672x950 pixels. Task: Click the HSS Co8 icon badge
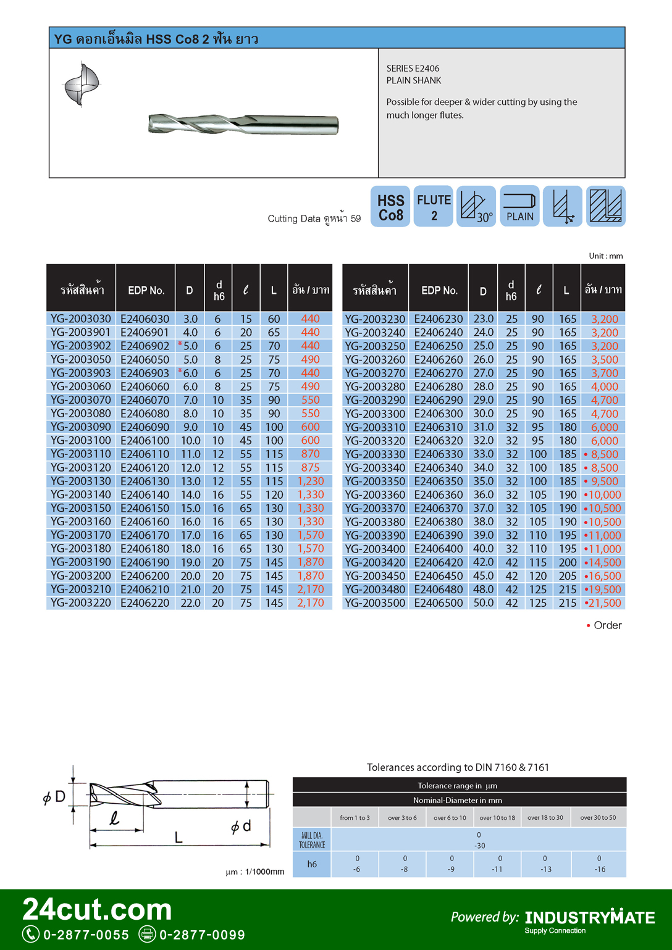[390, 207]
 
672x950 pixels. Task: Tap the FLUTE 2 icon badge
[434, 207]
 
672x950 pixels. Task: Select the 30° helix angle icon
[476, 207]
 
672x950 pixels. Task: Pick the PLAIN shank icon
[519, 207]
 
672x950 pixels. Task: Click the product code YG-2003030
[81, 319]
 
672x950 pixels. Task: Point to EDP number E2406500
[439, 603]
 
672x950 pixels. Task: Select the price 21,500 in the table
[603, 603]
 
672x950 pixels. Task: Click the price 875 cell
[310, 468]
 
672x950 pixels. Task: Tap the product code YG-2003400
[375, 549]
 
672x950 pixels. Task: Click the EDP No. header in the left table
[146, 290]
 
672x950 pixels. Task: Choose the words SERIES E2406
[413, 69]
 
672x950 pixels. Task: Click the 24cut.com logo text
[97, 909]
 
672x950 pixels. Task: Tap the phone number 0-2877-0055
[86, 935]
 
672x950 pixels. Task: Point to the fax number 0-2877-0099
[202, 935]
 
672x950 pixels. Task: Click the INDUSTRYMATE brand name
[590, 918]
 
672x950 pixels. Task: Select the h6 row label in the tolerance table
[312, 864]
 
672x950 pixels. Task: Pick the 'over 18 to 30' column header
[545, 818]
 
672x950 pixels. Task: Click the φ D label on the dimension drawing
[54, 797]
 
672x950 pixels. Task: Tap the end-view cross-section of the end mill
[82, 85]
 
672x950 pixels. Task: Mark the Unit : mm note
[605, 256]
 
